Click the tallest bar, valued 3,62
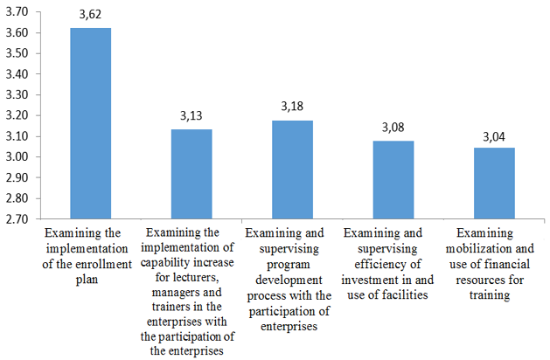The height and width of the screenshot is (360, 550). click(x=90, y=123)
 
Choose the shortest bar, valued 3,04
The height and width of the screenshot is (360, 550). click(x=494, y=183)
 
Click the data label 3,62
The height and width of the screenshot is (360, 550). click(x=90, y=15)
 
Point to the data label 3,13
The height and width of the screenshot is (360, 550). click(x=191, y=116)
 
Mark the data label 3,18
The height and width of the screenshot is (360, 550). click(x=292, y=106)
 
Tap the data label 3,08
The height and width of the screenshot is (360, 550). click(x=393, y=128)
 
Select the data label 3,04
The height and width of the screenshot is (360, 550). click(x=494, y=135)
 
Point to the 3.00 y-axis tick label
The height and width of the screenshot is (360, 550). click(x=16, y=157)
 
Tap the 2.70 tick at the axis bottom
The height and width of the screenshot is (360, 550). click(x=16, y=219)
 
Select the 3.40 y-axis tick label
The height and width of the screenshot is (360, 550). click(x=16, y=74)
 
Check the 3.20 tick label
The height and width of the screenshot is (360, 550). click(x=16, y=115)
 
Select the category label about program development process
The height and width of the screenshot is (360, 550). click(x=291, y=279)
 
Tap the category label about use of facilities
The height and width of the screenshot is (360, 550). click(x=393, y=263)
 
